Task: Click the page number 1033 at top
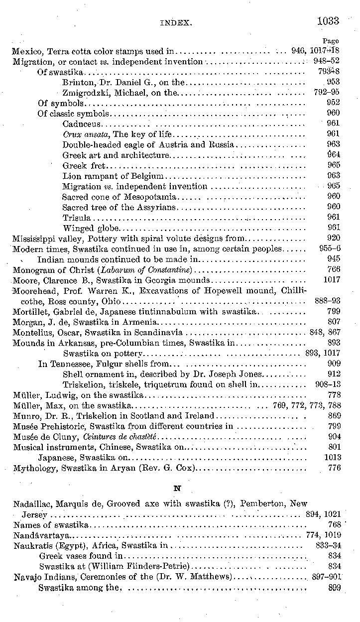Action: [x=327, y=20]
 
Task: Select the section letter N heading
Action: [x=177, y=489]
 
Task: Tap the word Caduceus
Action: [x=82, y=124]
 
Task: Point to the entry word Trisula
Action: [x=77, y=218]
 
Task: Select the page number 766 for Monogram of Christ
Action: [x=334, y=269]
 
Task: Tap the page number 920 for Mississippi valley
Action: [x=334, y=238]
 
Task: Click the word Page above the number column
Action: [x=331, y=41]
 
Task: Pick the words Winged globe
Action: [x=91, y=228]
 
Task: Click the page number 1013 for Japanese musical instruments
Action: [x=332, y=457]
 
